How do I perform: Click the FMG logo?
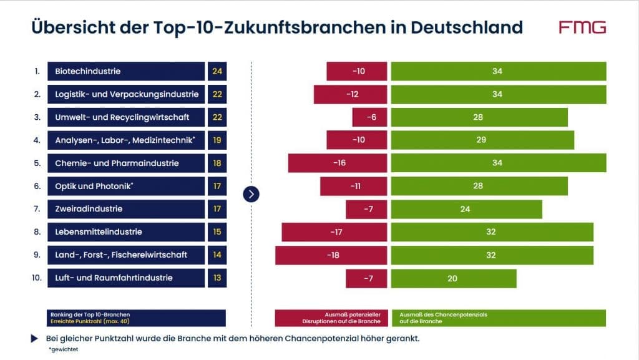pos(582,27)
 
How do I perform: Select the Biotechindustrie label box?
pos(126,71)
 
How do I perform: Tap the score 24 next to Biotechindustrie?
pos(217,71)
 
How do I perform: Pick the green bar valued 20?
pos(453,278)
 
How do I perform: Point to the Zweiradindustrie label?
pos(126,209)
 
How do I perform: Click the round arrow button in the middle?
pos(251,194)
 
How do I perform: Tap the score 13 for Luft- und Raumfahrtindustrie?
pos(217,278)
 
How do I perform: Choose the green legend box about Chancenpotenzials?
pos(498,318)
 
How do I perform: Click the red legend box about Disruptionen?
pos(331,318)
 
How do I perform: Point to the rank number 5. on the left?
pos(37,163)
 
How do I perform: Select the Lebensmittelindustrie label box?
pos(126,232)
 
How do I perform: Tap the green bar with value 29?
pos(482,140)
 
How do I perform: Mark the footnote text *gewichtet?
pos(63,350)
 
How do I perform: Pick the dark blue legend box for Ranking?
pos(136,318)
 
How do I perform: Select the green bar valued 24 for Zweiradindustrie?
pos(466,209)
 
